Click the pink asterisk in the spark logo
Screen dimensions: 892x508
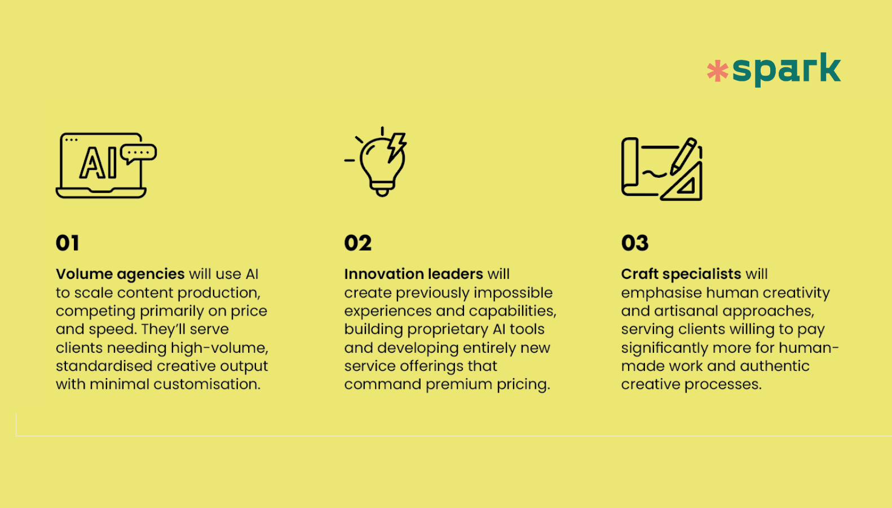[x=718, y=71]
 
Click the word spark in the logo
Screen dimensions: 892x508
[x=787, y=69]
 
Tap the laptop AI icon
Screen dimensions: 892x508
[x=107, y=165]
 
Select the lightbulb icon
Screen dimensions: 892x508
[x=376, y=161]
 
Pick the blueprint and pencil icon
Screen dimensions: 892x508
[x=661, y=169]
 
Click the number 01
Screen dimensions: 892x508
[x=67, y=243]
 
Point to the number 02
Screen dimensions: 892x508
[x=357, y=243]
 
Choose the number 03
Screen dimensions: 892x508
[x=635, y=243]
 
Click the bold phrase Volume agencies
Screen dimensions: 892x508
[x=120, y=274]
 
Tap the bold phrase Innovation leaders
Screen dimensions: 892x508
[x=414, y=274]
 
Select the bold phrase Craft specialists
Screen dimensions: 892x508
[x=681, y=274]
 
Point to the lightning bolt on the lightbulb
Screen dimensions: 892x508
[x=396, y=147]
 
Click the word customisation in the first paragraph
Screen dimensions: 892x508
[x=207, y=384]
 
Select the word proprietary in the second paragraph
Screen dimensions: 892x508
[x=448, y=330]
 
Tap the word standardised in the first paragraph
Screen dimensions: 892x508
[x=104, y=366]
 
